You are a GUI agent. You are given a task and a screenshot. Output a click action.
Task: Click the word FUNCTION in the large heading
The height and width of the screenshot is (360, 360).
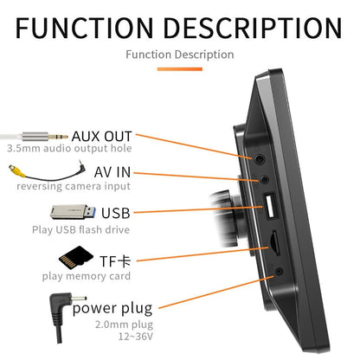pyautogui.click(x=84, y=28)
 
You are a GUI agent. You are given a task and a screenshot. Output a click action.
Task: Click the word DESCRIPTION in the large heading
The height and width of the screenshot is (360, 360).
pyautogui.click(x=253, y=28)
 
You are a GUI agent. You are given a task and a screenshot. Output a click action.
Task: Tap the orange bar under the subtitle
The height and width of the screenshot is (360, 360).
pyautogui.click(x=180, y=69)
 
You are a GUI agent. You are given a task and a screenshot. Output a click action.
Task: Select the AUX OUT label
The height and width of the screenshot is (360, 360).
pyautogui.click(x=101, y=136)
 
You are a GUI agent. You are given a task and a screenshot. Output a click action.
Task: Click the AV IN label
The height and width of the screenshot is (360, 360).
pyautogui.click(x=112, y=172)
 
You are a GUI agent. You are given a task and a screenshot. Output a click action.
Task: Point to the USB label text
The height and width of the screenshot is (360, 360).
pyautogui.click(x=116, y=213)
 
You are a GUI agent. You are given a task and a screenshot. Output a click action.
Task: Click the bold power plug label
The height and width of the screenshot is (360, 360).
pyautogui.click(x=112, y=308)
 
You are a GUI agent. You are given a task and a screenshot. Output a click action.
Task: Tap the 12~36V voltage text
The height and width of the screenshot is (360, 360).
pyautogui.click(x=136, y=337)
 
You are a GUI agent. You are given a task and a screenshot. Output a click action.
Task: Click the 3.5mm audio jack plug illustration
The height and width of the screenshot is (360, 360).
pyautogui.click(x=34, y=136)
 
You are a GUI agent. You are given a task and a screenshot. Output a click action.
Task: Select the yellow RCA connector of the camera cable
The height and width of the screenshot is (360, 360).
pyautogui.click(x=16, y=170)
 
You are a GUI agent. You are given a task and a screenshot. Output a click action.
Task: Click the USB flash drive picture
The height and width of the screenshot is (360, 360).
pyautogui.click(x=73, y=212)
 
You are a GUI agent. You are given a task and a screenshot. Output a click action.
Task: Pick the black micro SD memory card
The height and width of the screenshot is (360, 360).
pyautogui.click(x=76, y=256)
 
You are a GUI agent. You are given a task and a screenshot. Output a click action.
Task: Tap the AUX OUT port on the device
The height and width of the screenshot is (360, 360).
pyautogui.click(x=259, y=159)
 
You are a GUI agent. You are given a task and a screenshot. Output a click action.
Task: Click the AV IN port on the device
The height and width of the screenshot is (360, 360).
pyautogui.click(x=265, y=180)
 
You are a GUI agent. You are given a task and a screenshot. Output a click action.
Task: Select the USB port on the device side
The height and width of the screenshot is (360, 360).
pyautogui.click(x=269, y=206)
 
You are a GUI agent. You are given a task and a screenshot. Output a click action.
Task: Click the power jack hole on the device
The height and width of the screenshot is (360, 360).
pyautogui.click(x=279, y=271)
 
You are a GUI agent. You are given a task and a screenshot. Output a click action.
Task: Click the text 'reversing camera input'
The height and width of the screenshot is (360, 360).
pyautogui.click(x=74, y=186)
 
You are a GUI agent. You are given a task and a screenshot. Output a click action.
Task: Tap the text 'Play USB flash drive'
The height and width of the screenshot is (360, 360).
pyautogui.click(x=81, y=230)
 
